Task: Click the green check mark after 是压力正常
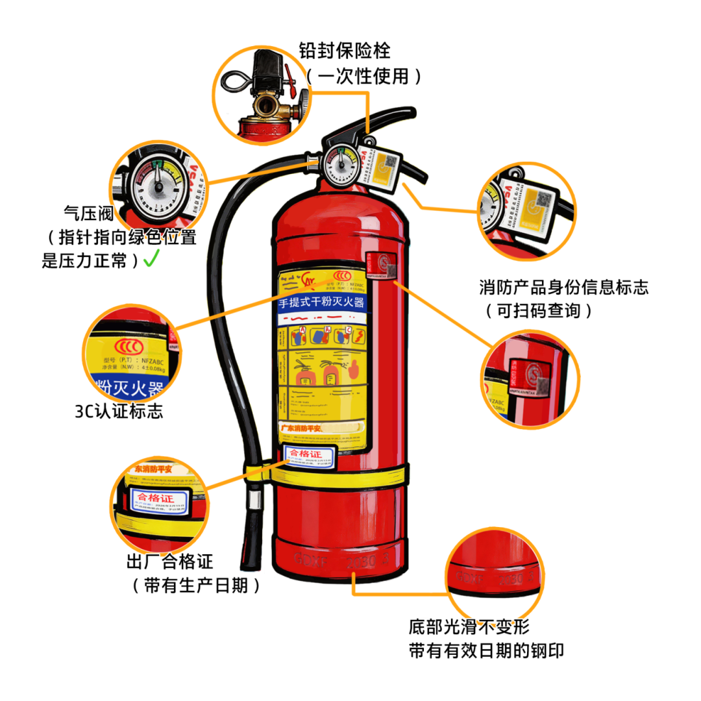(x=151, y=260)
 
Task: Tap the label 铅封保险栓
(x=345, y=50)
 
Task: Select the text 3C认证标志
(x=119, y=412)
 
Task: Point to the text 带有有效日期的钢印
(x=486, y=651)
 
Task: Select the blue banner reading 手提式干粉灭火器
(x=321, y=303)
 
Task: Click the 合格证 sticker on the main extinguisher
(x=310, y=454)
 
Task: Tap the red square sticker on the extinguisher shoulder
(x=378, y=265)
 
